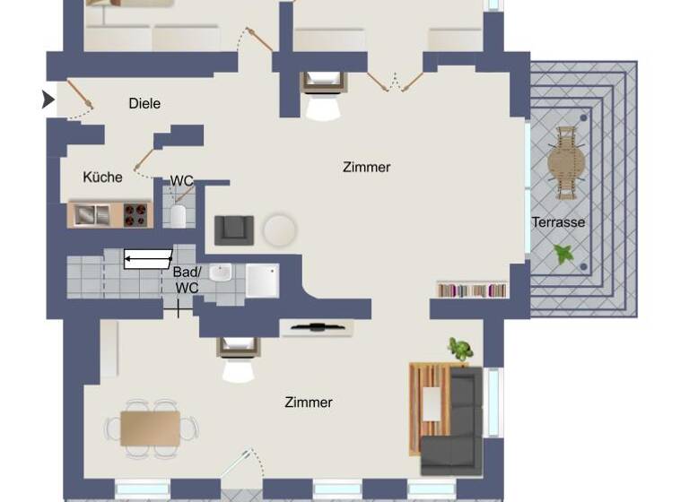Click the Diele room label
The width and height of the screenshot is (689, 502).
point(144,104)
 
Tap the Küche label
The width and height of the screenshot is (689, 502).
point(102,177)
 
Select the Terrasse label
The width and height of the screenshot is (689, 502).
point(558,222)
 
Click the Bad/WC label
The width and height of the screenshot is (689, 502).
point(187,280)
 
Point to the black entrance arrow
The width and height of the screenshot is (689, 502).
point(48,100)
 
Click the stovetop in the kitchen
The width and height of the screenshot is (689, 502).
point(135,214)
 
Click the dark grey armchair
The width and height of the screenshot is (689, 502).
point(234,229)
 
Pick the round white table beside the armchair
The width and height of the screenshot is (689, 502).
point(280,230)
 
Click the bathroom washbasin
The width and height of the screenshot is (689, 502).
point(221,272)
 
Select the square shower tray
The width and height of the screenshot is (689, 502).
point(262,280)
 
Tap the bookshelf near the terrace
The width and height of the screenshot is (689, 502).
point(472,290)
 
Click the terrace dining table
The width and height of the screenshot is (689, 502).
point(567,162)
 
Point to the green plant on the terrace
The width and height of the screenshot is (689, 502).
point(564,255)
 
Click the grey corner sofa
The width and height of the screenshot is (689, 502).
point(454,425)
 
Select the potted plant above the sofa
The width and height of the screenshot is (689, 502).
point(460,350)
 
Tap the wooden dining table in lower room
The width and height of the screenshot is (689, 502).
point(150,427)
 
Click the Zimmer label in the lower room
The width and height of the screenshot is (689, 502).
point(309,402)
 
